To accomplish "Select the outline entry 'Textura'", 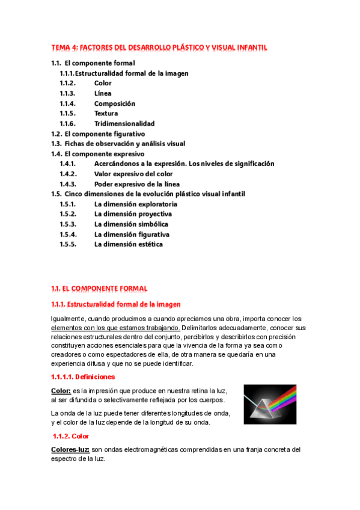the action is click(x=106, y=113).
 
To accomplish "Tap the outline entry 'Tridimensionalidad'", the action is click(x=124, y=123).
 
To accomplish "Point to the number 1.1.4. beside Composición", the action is click(x=67, y=103).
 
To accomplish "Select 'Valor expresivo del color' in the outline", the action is click(x=133, y=174).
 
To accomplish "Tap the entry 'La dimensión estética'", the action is click(x=129, y=244).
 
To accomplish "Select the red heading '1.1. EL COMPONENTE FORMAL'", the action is click(x=99, y=289).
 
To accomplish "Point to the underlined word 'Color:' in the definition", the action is click(x=61, y=390).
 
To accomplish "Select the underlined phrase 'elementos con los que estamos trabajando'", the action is click(x=114, y=328).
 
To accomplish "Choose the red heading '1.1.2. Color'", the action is click(x=72, y=436).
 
